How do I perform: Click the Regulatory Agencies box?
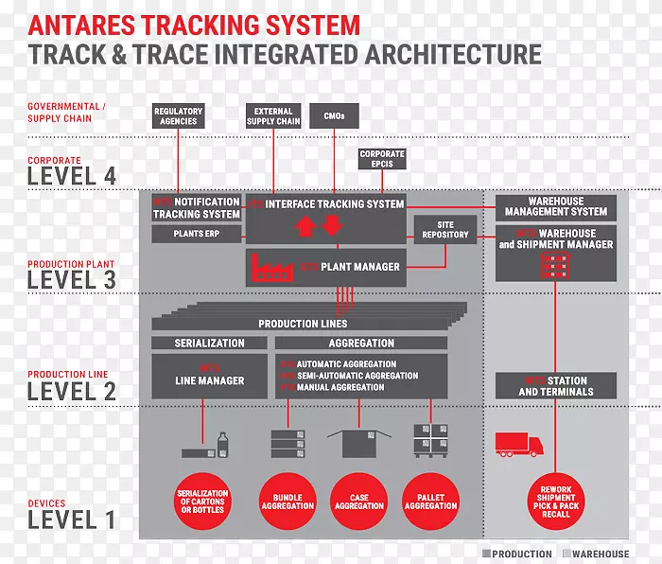coord(178,116)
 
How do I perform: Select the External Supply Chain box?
coord(273,116)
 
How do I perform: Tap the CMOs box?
coord(334,115)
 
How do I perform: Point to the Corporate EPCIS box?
coord(382,159)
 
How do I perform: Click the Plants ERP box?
coord(196,233)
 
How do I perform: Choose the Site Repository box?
coord(445,229)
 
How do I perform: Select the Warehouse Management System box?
coord(556,206)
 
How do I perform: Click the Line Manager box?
coord(209,376)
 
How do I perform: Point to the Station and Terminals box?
coord(556,386)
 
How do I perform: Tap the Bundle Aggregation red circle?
coord(287,500)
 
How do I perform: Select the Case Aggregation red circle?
coord(359,500)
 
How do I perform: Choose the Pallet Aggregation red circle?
coord(430,500)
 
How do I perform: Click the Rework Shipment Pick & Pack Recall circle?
coord(556,500)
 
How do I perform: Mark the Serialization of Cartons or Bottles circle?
coord(202,500)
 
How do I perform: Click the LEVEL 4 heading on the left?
coord(72,176)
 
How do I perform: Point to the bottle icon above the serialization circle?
coord(223,443)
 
